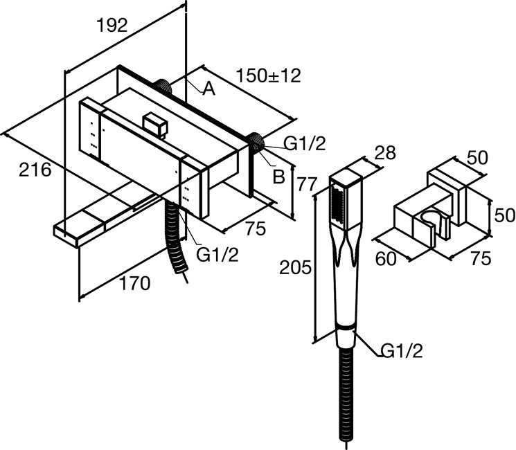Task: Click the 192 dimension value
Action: point(112,26)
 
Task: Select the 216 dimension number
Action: point(35,170)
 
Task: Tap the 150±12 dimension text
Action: point(269,75)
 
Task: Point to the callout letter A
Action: point(208,89)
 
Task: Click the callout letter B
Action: point(278,177)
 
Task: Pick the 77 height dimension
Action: point(307,184)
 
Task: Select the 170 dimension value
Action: point(135,284)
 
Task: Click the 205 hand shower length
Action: point(295,267)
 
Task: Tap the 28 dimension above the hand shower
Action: point(385,152)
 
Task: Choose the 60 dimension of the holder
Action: point(386,258)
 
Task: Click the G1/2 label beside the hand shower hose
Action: point(402,351)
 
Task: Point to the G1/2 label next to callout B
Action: point(305,144)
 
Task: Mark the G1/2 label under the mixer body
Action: point(217,255)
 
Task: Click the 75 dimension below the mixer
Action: point(255,228)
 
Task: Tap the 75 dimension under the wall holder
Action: point(481,258)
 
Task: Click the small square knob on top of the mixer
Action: point(156,125)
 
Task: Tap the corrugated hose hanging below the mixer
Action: point(176,237)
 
